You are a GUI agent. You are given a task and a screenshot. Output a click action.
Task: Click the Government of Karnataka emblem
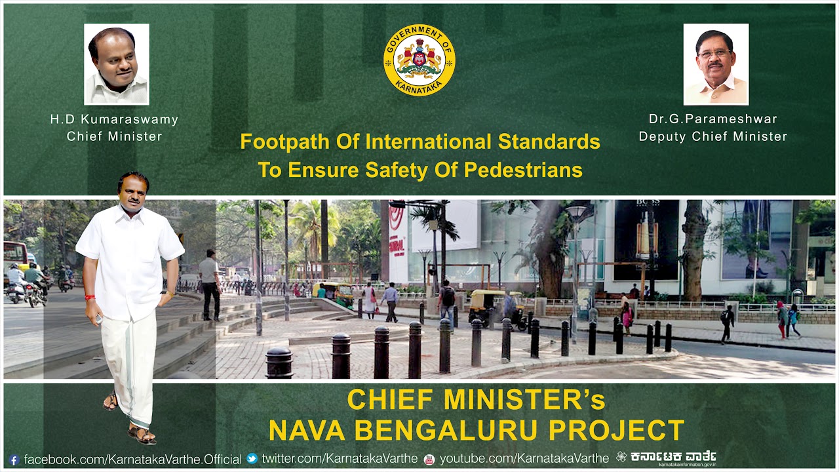[419, 60]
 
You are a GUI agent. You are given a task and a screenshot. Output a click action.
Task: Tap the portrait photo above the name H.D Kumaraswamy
[117, 64]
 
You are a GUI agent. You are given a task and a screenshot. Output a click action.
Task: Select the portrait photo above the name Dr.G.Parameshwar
[716, 64]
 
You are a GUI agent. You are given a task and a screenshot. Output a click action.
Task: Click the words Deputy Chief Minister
[712, 136]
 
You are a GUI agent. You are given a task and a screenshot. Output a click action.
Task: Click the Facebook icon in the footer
[14, 460]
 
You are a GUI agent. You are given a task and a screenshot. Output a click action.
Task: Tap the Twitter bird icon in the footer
[252, 459]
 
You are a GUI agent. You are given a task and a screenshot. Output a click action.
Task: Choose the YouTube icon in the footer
[429, 459]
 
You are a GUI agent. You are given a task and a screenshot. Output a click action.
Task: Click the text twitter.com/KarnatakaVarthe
[340, 459]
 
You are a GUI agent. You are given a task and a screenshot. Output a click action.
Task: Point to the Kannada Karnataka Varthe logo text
[673, 456]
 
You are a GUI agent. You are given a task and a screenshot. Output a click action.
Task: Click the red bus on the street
[16, 256]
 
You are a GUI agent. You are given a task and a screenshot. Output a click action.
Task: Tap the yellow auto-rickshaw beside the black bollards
[488, 305]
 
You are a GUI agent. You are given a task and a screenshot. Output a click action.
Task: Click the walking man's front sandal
[142, 433]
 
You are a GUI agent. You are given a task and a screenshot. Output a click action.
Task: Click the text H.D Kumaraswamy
[114, 119]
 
